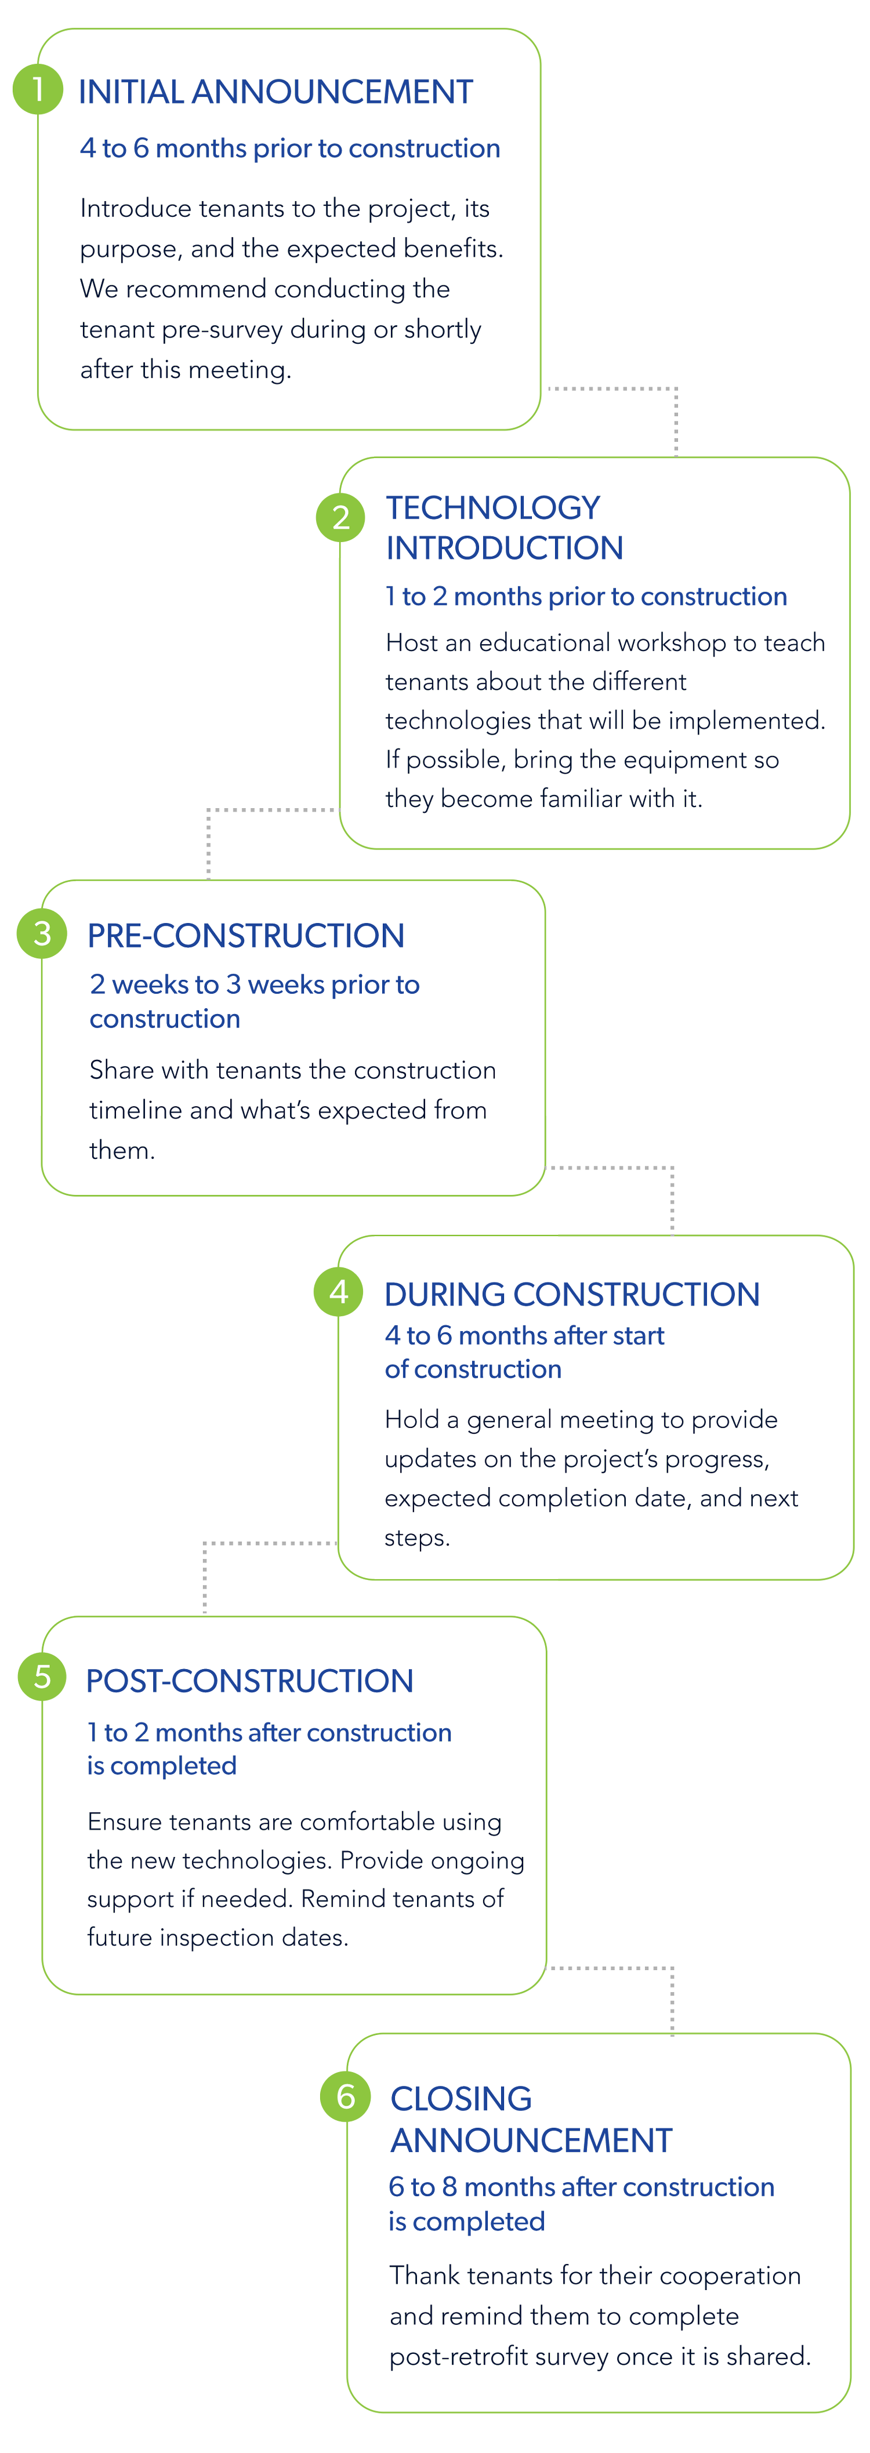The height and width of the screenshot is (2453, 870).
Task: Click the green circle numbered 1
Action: click(x=38, y=89)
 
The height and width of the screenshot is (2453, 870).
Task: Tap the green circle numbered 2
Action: click(x=340, y=517)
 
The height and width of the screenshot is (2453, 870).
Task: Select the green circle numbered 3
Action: click(x=42, y=934)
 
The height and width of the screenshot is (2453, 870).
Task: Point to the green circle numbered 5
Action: click(x=42, y=1677)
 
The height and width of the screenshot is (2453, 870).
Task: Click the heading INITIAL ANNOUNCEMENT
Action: click(x=275, y=92)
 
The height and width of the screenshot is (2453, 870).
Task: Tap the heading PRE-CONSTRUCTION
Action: click(x=246, y=936)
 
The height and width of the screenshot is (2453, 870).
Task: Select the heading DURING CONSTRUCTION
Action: click(x=572, y=1294)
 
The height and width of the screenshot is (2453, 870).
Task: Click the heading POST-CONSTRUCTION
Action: click(x=249, y=1681)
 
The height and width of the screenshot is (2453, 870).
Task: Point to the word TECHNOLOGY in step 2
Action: click(x=492, y=508)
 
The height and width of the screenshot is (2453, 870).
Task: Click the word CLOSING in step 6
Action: click(x=461, y=2098)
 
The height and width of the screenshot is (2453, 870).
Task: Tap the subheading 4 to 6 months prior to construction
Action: click(x=289, y=148)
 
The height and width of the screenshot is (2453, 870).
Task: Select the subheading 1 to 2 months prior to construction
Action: click(x=586, y=597)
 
